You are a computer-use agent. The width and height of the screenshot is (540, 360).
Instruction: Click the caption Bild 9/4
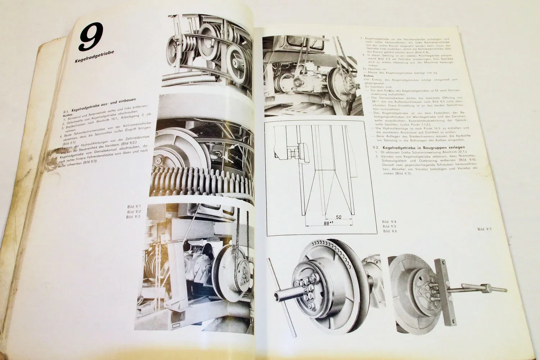pyautogui.click(x=389, y=222)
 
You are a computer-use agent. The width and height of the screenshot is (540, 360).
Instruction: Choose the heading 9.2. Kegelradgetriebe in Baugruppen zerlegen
pyautogui.click(x=414, y=147)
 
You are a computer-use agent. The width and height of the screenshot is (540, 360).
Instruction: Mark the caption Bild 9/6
pyautogui.click(x=389, y=231)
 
